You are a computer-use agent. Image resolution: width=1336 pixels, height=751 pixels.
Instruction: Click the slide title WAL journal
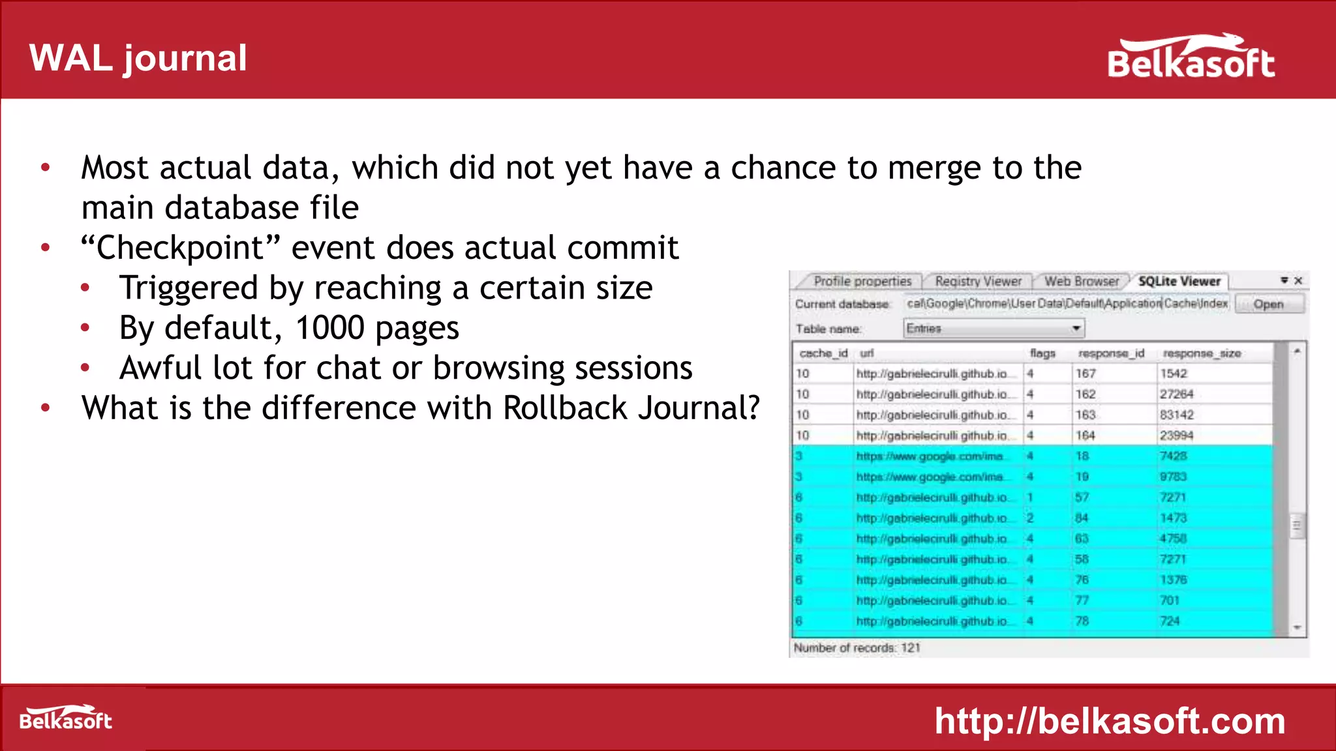pos(138,59)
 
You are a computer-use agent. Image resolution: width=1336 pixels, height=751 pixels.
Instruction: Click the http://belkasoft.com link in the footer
pos(1110,721)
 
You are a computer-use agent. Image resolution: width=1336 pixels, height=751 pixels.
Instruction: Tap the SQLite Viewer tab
pos(1179,282)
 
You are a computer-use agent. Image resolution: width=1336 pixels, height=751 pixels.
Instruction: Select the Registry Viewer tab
pos(978,282)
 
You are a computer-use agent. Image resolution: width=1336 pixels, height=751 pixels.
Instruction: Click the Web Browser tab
pos(1081,282)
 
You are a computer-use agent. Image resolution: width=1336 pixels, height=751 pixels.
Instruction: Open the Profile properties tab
pos(862,282)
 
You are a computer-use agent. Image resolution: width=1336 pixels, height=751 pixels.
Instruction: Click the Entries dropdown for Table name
pos(994,329)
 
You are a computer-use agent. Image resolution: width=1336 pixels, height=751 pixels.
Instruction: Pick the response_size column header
pos(1201,353)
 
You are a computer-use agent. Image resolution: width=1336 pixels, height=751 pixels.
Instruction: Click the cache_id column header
pos(823,353)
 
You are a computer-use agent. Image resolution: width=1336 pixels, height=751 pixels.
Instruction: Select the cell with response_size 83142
pos(1176,415)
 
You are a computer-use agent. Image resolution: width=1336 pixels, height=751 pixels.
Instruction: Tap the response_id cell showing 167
pos(1085,374)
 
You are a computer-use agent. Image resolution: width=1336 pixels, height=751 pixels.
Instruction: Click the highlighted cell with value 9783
pos(1172,477)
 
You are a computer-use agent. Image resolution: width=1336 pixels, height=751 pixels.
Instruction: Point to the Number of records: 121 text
pos(857,648)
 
